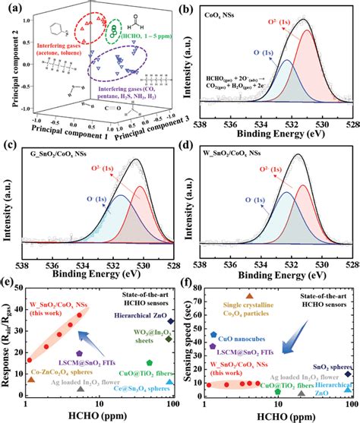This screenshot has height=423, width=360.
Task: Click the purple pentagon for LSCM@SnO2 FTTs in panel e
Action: click(x=80, y=354)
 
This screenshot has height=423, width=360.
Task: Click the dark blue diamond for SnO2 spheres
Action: click(x=348, y=374)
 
